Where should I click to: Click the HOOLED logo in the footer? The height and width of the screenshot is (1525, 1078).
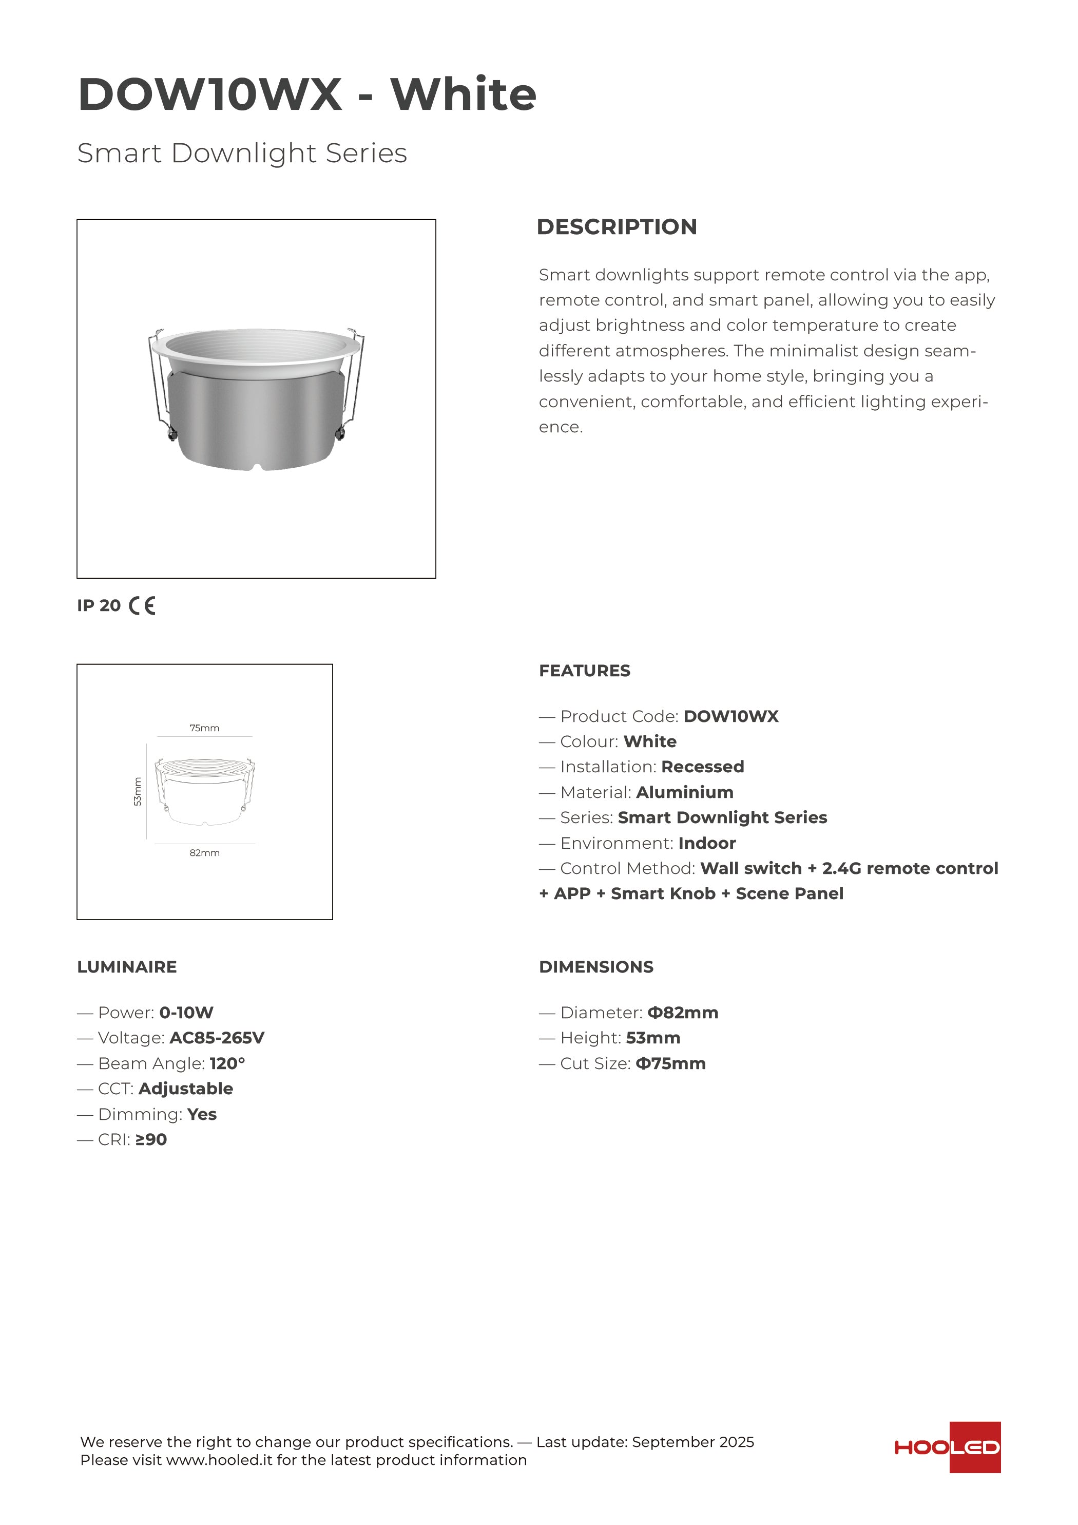pos(947,1447)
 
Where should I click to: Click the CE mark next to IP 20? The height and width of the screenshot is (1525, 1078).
pos(142,606)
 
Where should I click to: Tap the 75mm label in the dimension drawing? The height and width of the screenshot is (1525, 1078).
pos(205,728)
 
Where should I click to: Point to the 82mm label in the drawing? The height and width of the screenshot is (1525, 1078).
pos(205,853)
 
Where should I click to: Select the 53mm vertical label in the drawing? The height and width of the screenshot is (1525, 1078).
pos(138,792)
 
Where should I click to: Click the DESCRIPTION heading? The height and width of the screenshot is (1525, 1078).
pos(617,226)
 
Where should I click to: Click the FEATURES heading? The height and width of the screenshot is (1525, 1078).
pos(585,671)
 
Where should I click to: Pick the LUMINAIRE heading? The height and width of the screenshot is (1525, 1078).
pos(127,967)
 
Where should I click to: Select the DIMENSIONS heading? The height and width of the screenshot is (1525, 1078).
pos(596,967)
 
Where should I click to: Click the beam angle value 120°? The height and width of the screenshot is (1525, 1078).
pos(227,1063)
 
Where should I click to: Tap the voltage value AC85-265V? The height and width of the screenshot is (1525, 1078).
pos(217,1038)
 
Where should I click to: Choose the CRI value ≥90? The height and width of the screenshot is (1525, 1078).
pos(151,1140)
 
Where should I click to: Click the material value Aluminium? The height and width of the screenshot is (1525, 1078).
pos(685,792)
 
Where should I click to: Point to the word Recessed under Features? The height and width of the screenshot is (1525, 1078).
pos(702,767)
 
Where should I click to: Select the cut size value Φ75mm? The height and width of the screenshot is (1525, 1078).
pos(670,1063)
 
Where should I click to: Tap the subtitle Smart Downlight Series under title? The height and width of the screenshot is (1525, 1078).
pos(242,153)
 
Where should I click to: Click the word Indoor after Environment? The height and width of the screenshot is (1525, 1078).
pos(707,844)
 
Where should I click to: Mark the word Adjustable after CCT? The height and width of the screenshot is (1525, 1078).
pos(185,1089)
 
